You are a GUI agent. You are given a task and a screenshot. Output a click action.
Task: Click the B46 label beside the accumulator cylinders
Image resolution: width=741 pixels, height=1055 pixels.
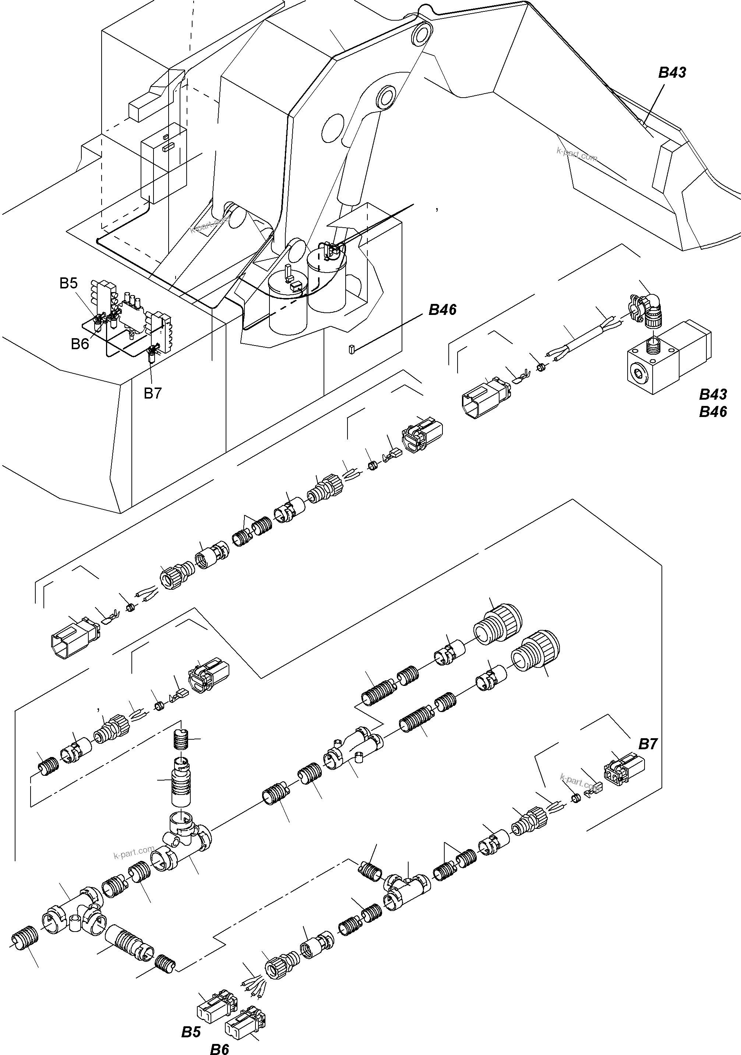point(442,310)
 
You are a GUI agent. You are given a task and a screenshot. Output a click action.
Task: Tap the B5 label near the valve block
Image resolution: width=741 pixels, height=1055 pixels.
point(68,284)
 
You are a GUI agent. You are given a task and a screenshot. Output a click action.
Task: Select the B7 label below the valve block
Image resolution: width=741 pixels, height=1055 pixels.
point(152,393)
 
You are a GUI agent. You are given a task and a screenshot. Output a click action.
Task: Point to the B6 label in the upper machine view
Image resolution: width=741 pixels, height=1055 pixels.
point(80,344)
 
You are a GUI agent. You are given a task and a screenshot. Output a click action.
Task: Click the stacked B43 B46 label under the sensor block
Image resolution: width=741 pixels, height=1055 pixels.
point(713,403)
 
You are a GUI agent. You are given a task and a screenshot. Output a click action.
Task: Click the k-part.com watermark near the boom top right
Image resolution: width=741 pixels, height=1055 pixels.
point(576,154)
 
